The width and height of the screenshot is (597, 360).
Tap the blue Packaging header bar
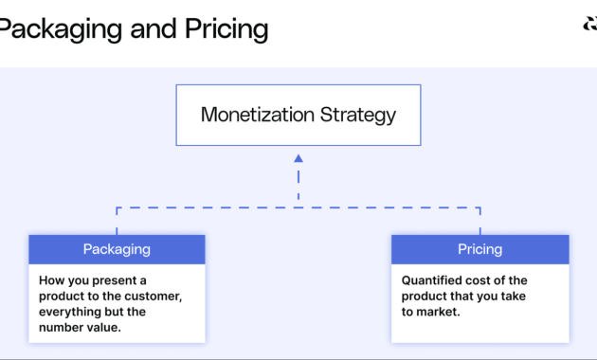coord(117,249)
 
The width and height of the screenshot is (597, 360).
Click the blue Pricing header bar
coord(479,249)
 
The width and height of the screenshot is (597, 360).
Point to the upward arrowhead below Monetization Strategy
coord(298,159)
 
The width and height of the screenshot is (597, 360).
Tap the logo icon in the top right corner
coord(589,26)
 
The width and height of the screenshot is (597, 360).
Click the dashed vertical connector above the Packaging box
coord(117,221)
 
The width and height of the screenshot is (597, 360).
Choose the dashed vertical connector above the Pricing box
coord(479,221)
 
